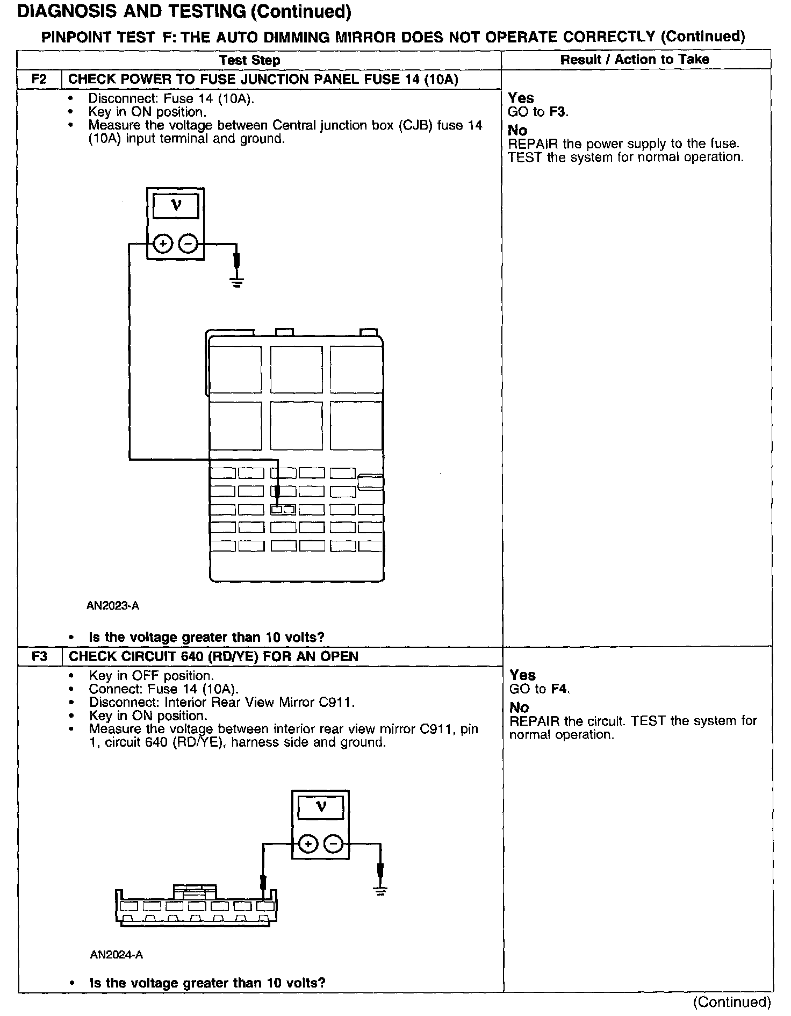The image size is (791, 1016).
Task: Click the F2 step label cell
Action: [x=39, y=79]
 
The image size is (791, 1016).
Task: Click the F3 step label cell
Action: [x=40, y=656]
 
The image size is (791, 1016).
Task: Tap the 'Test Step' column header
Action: [x=250, y=60]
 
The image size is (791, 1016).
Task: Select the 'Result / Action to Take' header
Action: [x=635, y=59]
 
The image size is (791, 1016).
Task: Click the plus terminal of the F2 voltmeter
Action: [x=163, y=244]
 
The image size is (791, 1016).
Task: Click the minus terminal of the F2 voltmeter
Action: [x=188, y=244]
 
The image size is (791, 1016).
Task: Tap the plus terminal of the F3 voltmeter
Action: [x=308, y=845]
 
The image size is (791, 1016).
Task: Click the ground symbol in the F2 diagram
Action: [x=236, y=281]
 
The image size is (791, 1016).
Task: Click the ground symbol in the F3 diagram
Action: [x=380, y=891]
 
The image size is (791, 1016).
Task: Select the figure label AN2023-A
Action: [x=113, y=606]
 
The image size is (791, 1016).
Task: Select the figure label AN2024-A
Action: [x=117, y=955]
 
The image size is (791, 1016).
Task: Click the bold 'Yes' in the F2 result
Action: [x=521, y=98]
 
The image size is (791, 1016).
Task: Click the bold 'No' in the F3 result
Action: [x=519, y=707]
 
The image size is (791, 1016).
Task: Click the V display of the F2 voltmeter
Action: [x=176, y=206]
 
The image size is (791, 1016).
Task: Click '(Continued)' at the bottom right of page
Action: [x=731, y=1001]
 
